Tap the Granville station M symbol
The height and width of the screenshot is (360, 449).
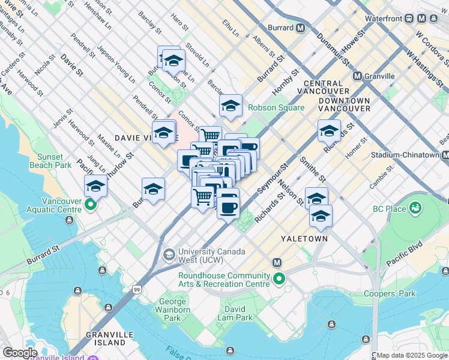click(357, 76)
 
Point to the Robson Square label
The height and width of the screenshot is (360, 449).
click(278, 108)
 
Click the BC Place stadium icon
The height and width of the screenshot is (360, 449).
click(414, 208)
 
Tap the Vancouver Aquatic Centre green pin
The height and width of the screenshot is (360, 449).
click(91, 206)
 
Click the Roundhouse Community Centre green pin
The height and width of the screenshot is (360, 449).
click(279, 279)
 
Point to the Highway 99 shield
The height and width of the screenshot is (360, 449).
click(137, 290)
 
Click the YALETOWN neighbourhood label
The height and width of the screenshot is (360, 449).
click(305, 238)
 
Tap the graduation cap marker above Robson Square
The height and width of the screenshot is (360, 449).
click(231, 106)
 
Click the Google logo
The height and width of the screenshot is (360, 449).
click(20, 353)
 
